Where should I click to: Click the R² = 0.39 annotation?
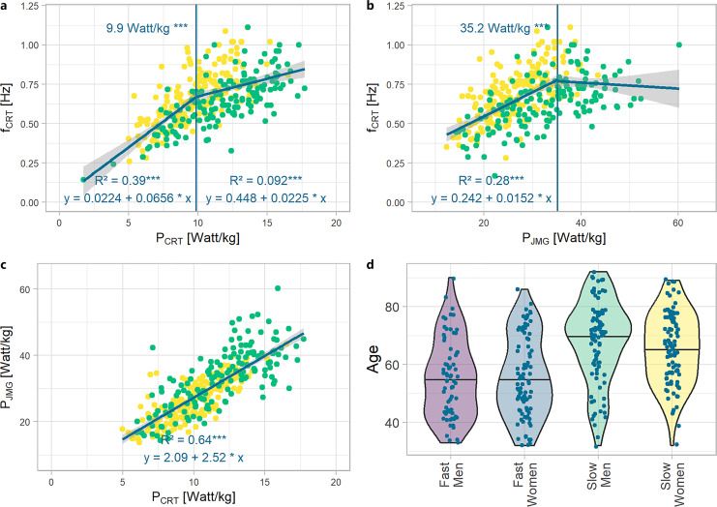pos(115,181)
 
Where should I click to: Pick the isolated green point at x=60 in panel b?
pos(679,45)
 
